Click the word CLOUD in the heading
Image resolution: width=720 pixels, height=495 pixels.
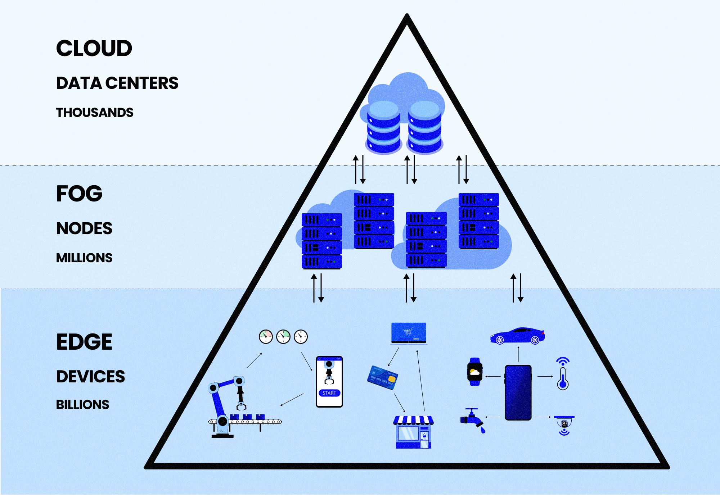(94, 49)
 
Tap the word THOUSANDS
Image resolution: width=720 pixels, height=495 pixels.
(95, 113)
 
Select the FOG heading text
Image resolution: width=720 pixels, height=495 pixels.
(79, 194)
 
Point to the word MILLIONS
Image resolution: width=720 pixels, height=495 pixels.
(84, 258)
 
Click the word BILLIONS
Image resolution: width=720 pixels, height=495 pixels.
(82, 405)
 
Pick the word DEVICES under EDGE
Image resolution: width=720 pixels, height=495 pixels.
(90, 377)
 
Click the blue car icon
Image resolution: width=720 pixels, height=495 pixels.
(517, 336)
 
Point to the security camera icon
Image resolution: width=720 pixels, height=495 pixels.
(564, 423)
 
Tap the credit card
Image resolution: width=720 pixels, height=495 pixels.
(383, 377)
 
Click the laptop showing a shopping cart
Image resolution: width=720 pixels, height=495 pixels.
(409, 333)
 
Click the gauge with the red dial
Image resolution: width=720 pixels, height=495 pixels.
(266, 337)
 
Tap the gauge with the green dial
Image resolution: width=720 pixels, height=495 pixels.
(283, 337)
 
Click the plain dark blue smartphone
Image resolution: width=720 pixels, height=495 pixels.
(518, 392)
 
